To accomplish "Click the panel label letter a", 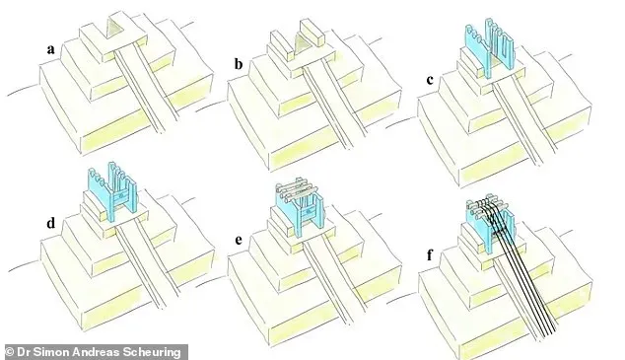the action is click(50, 50).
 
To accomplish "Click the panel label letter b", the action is click(239, 64).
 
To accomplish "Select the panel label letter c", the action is click(430, 80).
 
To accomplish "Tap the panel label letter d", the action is click(50, 223).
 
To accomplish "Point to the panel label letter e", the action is click(239, 240).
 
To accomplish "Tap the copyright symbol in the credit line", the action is click(9, 352).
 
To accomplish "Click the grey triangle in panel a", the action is click(114, 30).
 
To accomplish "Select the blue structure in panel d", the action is click(111, 192).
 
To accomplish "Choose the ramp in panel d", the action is click(143, 263).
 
